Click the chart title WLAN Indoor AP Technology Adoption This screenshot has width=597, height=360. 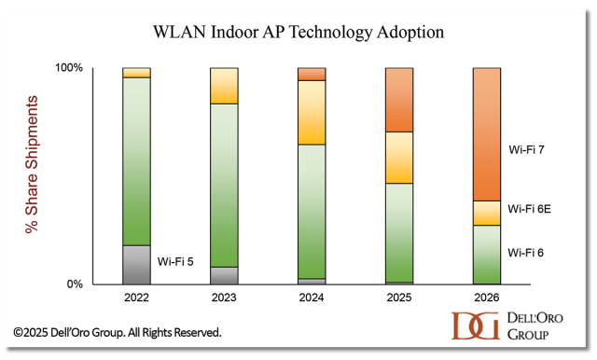(298, 32)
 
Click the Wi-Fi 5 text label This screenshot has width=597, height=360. (176, 261)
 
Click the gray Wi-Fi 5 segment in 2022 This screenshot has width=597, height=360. (137, 264)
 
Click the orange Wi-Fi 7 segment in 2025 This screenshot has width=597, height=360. (399, 100)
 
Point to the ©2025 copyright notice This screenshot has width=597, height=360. (117, 331)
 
